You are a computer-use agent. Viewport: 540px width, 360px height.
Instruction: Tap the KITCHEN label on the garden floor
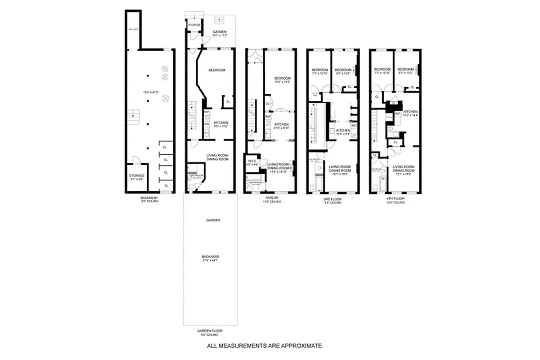click(x=220, y=123)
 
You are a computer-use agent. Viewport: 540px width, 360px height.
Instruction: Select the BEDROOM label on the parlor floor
click(x=283, y=78)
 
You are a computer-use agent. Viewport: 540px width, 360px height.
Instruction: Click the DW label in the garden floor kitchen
click(x=207, y=124)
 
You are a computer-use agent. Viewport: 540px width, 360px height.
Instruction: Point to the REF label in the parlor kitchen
click(x=268, y=117)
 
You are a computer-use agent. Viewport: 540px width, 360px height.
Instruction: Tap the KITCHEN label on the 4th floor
click(x=410, y=112)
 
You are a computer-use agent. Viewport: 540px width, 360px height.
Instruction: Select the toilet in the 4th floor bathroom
click(x=376, y=186)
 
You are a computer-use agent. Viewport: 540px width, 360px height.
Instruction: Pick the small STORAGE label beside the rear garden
click(x=194, y=25)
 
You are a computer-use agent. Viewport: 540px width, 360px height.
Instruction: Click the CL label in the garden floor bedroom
click(x=228, y=102)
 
